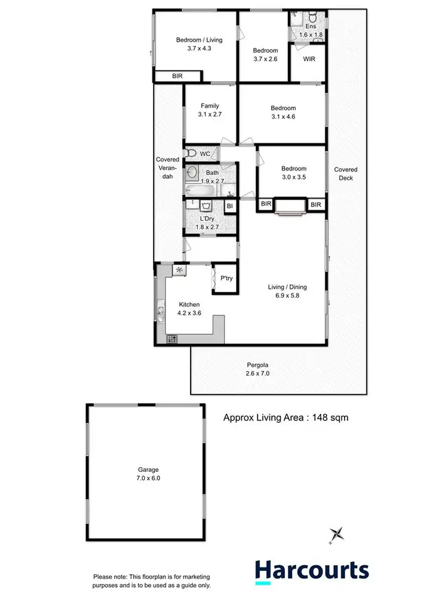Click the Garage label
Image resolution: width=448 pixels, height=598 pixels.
click(146, 474)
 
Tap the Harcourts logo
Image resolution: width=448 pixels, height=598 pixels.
click(311, 570)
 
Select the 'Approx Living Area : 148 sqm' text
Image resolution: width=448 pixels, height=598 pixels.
click(286, 418)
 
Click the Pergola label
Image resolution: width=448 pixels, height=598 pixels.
click(258, 369)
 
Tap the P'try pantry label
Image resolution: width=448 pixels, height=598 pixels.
click(226, 278)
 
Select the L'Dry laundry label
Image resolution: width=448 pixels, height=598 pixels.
click(205, 223)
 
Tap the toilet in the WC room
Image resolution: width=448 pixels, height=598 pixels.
click(191, 154)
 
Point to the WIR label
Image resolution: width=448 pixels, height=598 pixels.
click(309, 59)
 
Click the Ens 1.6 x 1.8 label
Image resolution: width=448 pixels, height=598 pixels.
click(310, 30)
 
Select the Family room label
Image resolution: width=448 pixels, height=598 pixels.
click(209, 109)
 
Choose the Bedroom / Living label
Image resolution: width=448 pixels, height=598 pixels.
click(199, 44)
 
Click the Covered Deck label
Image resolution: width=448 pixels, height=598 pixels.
click(346, 173)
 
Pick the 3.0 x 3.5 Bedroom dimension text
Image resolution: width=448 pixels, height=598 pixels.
click(294, 178)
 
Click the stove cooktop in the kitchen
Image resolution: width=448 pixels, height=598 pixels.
click(172, 338)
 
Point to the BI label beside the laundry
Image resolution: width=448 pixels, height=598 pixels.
click(229, 206)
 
